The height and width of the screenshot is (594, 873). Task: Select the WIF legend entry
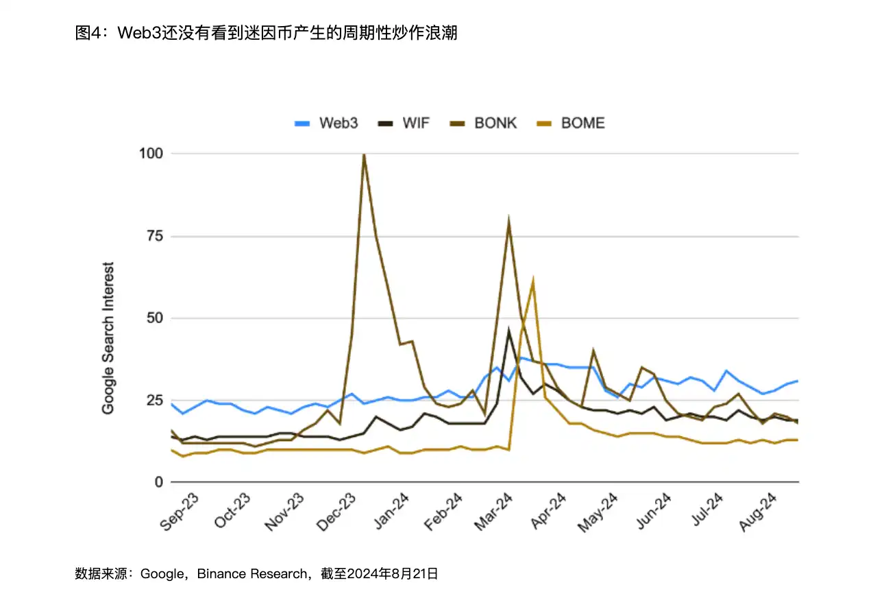[x=405, y=123]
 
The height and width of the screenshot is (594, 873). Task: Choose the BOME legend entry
[x=571, y=123]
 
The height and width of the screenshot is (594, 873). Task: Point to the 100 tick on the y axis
[x=150, y=154]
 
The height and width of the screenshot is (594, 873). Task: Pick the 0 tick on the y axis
[x=158, y=482]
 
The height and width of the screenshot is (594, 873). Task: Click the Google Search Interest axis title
[x=108, y=337]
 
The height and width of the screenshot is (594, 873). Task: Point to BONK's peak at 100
[x=364, y=154]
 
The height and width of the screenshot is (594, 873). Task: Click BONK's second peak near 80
[x=508, y=221]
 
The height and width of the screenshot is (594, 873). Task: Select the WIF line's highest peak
[x=508, y=330]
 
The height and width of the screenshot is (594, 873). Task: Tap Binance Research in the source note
[x=253, y=573]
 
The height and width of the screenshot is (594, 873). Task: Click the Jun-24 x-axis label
[x=652, y=512]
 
